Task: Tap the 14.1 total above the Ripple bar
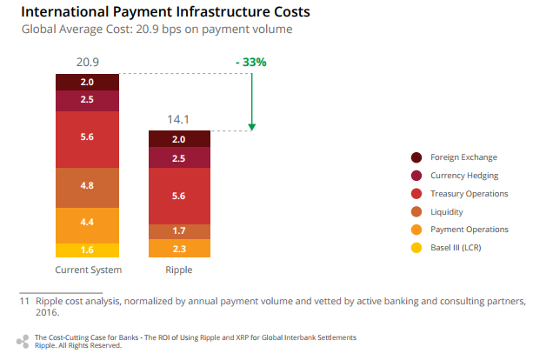[179, 121]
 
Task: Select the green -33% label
[250, 63]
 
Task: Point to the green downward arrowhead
[251, 127]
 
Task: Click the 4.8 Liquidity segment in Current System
[87, 186]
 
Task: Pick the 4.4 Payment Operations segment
[87, 223]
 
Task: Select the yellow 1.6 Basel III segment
[87, 250]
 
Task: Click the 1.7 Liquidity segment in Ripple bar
[179, 231]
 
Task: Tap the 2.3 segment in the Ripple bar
[179, 249]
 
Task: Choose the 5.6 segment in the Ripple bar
[179, 197]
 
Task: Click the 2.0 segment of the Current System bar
[87, 82]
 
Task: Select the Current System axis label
[88, 270]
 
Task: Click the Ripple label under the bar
[179, 270]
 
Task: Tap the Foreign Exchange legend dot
[416, 157]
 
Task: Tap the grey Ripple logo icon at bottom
[23, 340]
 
